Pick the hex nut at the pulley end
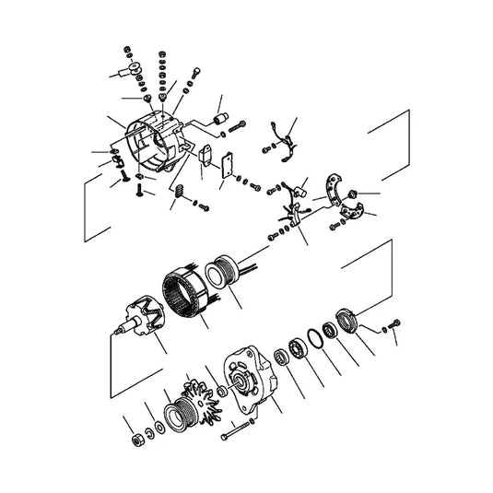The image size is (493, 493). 136,439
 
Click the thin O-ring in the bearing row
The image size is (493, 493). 313,340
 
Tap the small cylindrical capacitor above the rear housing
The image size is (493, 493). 220,120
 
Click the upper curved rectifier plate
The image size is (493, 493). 340,190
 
